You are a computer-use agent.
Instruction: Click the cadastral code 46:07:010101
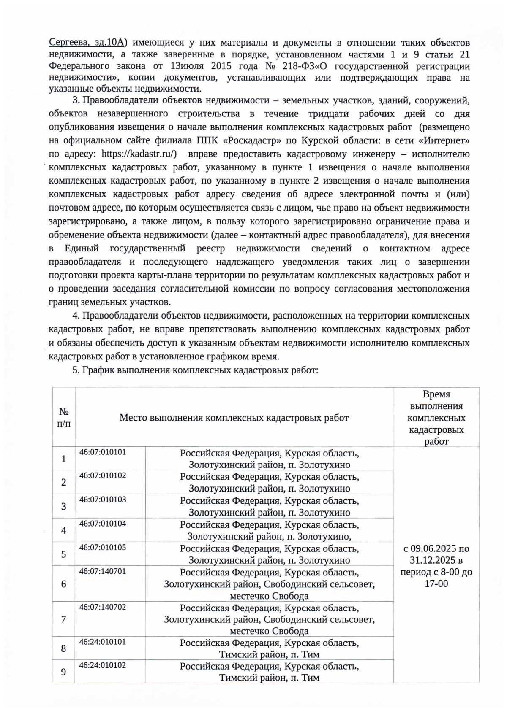103,452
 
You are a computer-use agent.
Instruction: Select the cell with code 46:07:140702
103,607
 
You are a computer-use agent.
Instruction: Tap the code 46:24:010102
103,665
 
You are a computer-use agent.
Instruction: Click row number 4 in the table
64,530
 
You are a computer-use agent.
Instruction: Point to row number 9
64,671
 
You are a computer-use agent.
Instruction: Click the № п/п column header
64,417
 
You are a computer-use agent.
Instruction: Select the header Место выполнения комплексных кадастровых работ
234,418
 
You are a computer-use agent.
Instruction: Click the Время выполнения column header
436,418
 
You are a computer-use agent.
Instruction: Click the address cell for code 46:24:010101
269,648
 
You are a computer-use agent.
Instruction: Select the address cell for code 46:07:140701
269,584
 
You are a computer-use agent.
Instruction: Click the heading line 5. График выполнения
195,370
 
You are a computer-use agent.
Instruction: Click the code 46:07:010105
103,548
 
